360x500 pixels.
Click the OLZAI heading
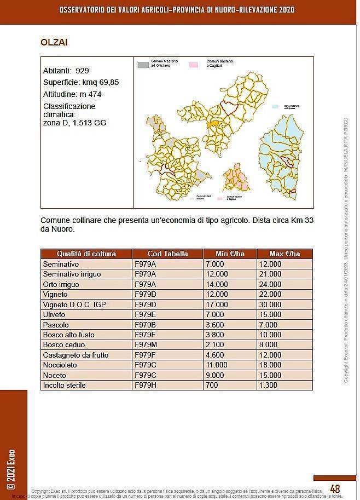click(54, 42)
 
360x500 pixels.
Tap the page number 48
click(335, 488)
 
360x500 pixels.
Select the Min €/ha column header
click(230, 254)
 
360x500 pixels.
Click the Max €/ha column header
click(284, 254)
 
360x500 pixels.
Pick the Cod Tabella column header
click(167, 254)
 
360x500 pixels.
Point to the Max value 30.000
click(270, 304)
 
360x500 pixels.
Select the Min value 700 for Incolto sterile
click(212, 385)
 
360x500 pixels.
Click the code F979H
click(145, 385)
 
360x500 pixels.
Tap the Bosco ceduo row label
click(64, 345)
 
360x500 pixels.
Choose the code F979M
click(146, 345)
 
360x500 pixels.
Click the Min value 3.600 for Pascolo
click(215, 325)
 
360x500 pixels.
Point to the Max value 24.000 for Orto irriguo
click(270, 284)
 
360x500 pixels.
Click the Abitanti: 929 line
click(66, 71)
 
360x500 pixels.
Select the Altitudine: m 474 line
click(72, 94)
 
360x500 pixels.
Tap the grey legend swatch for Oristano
click(142, 65)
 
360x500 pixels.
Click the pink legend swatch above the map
click(193, 65)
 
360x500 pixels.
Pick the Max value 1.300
click(268, 385)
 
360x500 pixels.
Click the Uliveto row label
click(54, 314)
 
